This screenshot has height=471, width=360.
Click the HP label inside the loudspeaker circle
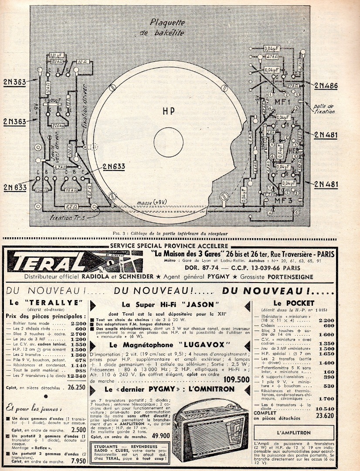[168, 112]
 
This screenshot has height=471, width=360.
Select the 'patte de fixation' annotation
[324, 108]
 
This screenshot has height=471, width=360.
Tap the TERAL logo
[52, 262]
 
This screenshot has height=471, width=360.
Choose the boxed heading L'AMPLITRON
[293, 433]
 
